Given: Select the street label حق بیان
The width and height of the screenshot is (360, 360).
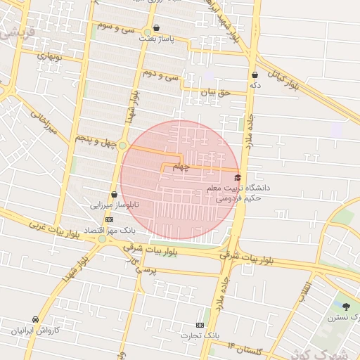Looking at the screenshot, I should (215, 91).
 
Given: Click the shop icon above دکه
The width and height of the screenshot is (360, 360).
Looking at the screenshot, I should (254, 74).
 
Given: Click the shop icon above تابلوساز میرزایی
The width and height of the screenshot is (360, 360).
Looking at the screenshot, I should (114, 195).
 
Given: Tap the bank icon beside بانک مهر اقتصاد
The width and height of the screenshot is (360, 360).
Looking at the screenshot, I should (108, 219).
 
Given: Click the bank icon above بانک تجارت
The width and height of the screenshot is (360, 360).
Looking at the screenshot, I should (200, 325).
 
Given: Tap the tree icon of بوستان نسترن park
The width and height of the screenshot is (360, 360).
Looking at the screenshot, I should (345, 306).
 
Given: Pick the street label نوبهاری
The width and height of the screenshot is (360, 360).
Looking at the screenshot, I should (51, 54).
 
